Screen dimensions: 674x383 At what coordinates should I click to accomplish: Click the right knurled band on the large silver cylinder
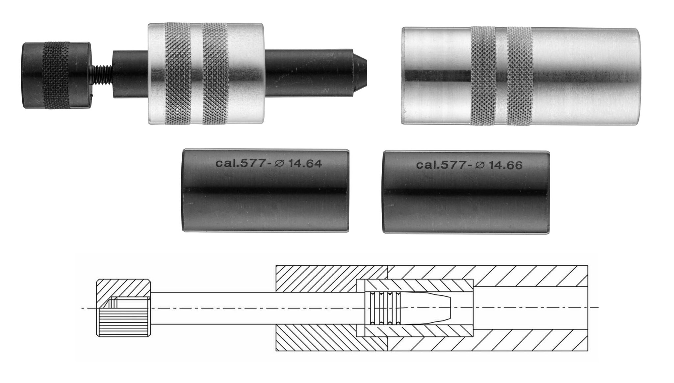(x=520, y=76)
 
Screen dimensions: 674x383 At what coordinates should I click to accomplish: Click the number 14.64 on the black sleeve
(x=305, y=163)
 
